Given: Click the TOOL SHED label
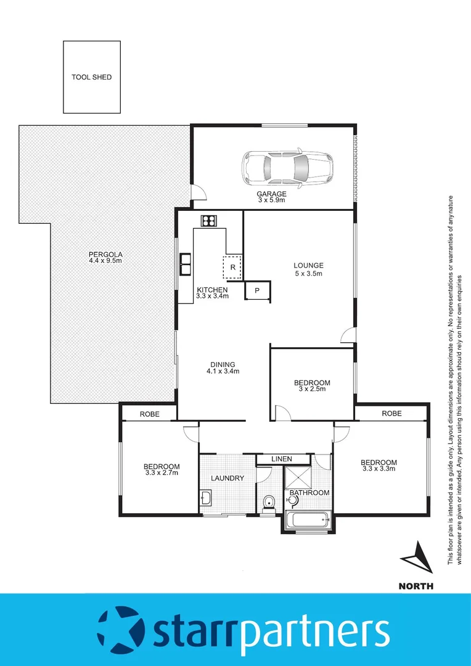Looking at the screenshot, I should (91, 77).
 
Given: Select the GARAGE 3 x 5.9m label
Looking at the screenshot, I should (272, 197).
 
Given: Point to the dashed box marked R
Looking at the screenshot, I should (232, 267).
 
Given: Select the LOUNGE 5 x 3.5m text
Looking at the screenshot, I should (308, 269).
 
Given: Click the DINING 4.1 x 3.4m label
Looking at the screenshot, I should (223, 368).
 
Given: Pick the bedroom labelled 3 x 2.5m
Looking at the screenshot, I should (312, 385).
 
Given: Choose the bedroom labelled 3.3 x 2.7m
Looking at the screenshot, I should (162, 469).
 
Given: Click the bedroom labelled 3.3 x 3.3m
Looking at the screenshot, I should (379, 466).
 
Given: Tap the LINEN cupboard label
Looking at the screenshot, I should (282, 459).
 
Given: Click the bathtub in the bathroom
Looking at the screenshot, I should (309, 519).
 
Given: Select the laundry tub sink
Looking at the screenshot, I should (207, 498).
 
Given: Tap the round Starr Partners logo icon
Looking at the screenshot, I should (121, 630).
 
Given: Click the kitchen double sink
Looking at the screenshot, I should (185, 264).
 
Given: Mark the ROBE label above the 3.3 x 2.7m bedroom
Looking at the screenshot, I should (149, 414).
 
